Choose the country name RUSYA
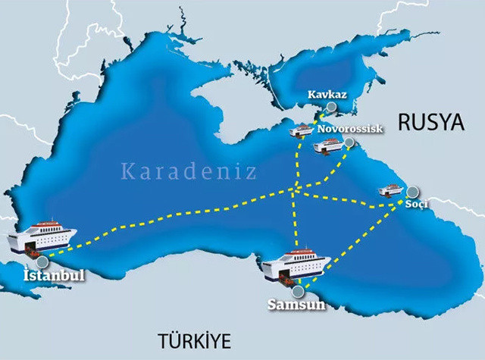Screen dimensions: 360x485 430,124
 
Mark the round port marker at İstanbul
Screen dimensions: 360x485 52,261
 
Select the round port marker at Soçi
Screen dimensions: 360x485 414,192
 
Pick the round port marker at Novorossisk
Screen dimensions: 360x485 349,142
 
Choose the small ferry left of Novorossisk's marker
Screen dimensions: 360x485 327,146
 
